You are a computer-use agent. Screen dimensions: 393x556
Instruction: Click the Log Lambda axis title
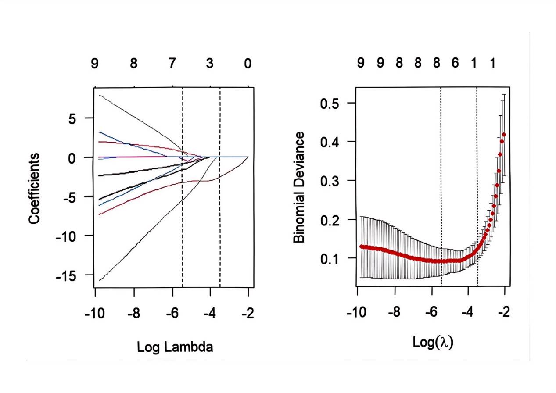(175, 347)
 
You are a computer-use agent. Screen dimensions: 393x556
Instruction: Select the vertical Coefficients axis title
(35, 189)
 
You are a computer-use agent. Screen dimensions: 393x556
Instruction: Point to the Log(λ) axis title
(433, 342)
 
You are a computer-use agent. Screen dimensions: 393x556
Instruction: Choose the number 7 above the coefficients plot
(172, 64)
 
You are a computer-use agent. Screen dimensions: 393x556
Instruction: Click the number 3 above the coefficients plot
(210, 64)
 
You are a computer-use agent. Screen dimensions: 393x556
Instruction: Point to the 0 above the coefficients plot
(248, 64)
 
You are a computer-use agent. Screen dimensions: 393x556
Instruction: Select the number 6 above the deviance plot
(455, 63)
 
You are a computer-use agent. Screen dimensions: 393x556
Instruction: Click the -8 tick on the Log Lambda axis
(133, 314)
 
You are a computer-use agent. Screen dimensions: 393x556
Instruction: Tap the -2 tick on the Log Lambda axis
(248, 314)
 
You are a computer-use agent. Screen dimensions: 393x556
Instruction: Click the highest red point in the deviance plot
(504, 135)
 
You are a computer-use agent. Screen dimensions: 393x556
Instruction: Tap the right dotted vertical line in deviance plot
(477, 184)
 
